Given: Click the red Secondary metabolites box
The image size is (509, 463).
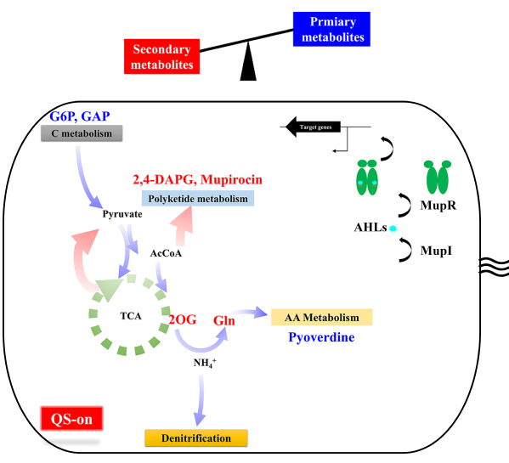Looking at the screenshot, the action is pos(161,56).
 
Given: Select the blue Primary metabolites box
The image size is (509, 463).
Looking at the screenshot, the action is pos(331,29).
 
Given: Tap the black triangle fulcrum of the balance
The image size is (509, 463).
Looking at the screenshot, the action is pos(248,62).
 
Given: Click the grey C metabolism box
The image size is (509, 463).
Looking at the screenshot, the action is pos(82,133).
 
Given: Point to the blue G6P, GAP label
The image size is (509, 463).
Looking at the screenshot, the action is pos(80,116).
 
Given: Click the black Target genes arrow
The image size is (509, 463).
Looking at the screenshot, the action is pos(313,127).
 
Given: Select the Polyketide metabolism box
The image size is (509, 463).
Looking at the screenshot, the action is pos(198,199).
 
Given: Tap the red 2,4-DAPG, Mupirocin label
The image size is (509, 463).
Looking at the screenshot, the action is pos(197,179).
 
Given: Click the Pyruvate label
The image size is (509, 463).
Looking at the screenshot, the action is pos(122,214).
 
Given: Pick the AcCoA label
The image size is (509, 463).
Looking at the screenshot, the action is pos(166,253).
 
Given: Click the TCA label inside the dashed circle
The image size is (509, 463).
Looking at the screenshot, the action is pos(131,316).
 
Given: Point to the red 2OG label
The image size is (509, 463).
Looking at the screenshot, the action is pos(183,320).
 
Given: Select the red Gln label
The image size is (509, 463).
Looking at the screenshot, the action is pos(224,320).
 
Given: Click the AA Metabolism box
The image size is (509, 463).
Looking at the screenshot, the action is pos(322,317).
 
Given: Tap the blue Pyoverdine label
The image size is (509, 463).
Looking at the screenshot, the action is pos(321,337).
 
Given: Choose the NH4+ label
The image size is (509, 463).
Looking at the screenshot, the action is pos(205,363).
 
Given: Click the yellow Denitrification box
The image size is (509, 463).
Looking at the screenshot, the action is pos(196,438).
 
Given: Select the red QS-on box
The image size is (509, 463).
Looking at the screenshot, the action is pos(71,419).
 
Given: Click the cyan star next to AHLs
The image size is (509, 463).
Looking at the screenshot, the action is pos(393,229).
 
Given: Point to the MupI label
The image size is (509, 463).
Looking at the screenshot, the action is pos(436,251).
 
